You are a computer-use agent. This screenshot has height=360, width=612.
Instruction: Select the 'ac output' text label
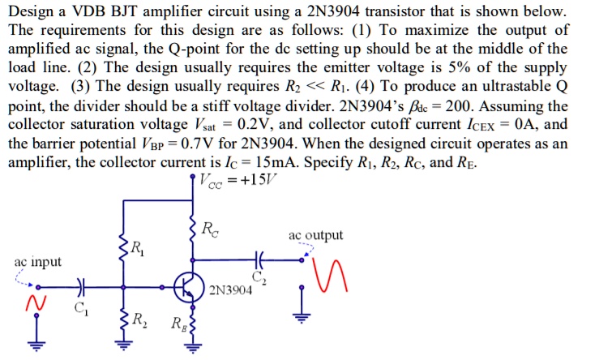point(315,235)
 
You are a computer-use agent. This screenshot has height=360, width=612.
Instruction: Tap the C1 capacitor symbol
point(81,285)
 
